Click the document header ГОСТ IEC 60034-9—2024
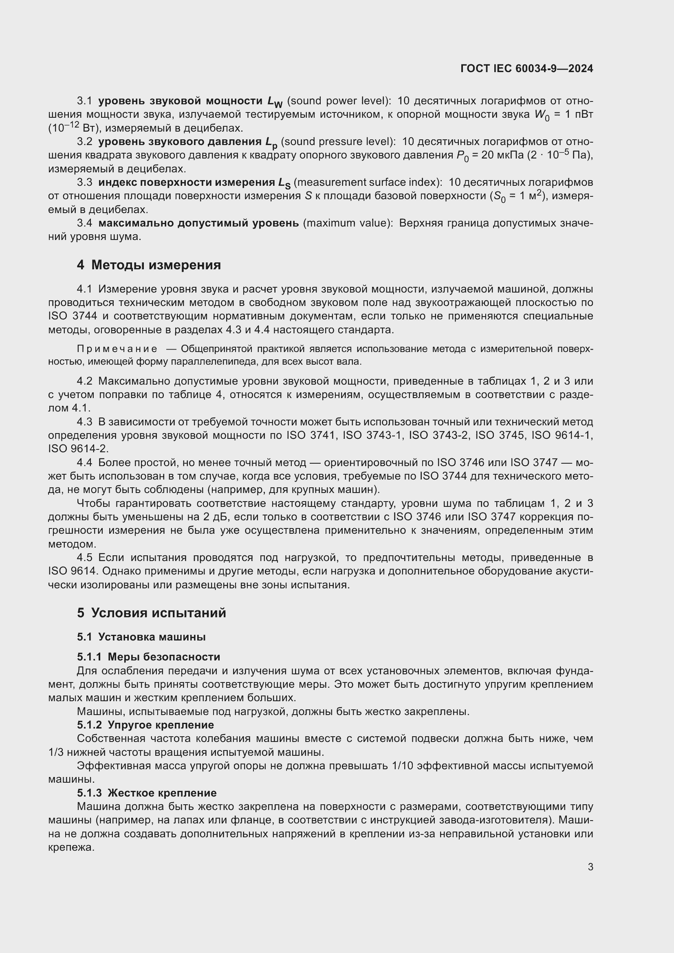526,68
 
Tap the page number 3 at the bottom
590,867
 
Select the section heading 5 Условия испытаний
152,613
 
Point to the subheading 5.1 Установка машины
141,637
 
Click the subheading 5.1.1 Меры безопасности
148,657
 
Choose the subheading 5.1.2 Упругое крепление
145,725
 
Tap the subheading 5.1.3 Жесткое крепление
147,793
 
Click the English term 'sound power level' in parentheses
338,101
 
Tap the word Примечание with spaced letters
117,349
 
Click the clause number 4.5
85,557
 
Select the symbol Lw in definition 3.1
274,102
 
